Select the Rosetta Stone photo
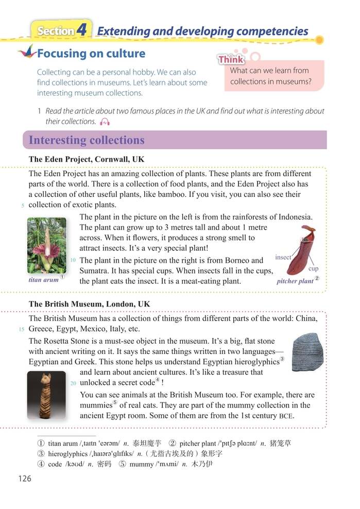(x=305, y=351)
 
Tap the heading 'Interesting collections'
(x=87, y=140)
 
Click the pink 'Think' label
(x=231, y=60)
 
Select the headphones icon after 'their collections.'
(x=105, y=122)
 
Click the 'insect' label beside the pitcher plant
(x=283, y=257)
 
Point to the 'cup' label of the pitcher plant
(x=313, y=268)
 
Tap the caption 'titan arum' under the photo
(x=43, y=280)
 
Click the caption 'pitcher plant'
(x=295, y=281)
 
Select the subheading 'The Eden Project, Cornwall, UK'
(x=87, y=159)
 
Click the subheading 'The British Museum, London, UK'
(x=90, y=304)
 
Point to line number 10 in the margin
(x=73, y=260)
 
